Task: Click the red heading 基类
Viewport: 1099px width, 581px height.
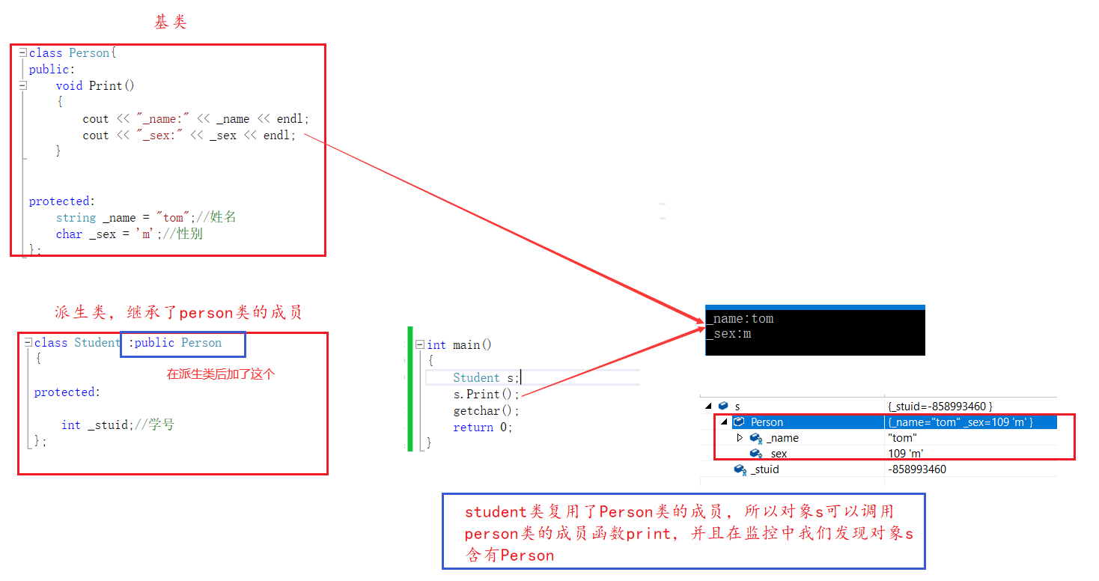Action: point(170,22)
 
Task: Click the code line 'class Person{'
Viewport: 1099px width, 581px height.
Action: point(73,52)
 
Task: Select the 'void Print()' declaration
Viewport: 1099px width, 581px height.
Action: point(95,85)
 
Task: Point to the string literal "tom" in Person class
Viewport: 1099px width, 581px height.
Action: point(173,218)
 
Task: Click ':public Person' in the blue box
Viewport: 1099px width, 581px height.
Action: point(179,343)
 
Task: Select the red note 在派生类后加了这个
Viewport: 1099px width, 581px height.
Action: point(220,374)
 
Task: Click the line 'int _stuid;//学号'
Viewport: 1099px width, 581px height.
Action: point(118,425)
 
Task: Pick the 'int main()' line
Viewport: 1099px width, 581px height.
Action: point(459,345)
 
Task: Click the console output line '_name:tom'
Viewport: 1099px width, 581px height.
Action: point(740,319)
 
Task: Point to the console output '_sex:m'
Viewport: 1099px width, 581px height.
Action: point(729,334)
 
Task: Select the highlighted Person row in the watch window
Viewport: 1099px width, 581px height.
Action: point(767,422)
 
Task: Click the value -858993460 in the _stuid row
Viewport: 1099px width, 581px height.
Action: point(916,469)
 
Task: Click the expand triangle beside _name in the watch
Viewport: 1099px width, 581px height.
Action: point(740,438)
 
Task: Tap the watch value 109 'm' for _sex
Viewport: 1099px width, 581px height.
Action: point(905,454)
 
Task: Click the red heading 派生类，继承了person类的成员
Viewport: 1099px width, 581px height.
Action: point(178,312)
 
